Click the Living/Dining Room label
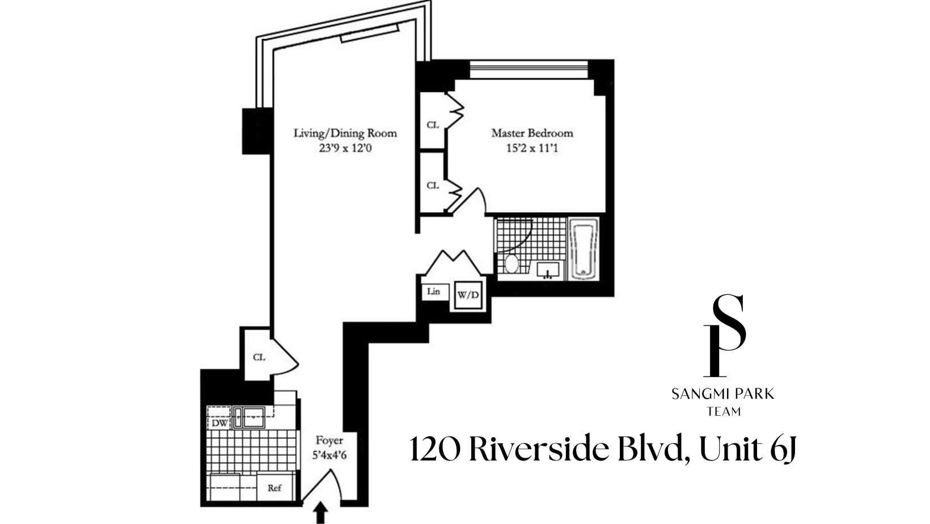345,133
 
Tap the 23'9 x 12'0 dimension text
345,149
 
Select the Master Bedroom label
532,133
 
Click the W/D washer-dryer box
468,295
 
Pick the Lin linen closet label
434,291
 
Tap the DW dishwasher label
220,422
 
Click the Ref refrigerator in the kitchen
274,488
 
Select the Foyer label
329,441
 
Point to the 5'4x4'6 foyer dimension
329,455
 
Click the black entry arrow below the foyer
320,513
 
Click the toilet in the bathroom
511,264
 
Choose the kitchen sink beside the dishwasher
250,417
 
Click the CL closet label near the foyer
259,357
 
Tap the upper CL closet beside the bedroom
433,125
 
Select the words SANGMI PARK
723,394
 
